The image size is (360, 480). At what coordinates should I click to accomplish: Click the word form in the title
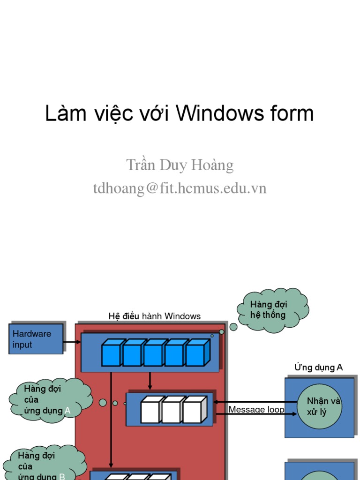[x=293, y=114]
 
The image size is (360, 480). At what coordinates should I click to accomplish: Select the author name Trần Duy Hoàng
[x=180, y=165]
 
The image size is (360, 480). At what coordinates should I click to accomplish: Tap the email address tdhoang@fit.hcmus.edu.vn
[x=180, y=188]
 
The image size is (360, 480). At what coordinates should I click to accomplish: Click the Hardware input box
[x=36, y=339]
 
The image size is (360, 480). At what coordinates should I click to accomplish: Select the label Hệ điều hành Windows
[x=154, y=316]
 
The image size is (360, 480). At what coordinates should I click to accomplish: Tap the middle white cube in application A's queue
[x=172, y=410]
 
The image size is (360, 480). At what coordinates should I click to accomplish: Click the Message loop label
[x=256, y=410]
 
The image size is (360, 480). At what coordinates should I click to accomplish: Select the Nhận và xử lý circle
[x=319, y=406]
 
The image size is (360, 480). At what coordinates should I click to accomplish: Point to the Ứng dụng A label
[x=318, y=367]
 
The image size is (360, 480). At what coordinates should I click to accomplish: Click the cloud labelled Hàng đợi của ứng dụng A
[x=49, y=400]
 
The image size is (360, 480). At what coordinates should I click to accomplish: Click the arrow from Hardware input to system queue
[x=72, y=342]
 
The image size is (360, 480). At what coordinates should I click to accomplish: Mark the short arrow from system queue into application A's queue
[x=150, y=381]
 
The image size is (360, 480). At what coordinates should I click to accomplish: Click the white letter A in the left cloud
[x=67, y=411]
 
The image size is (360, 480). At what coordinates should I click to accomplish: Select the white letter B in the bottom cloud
[x=61, y=477]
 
